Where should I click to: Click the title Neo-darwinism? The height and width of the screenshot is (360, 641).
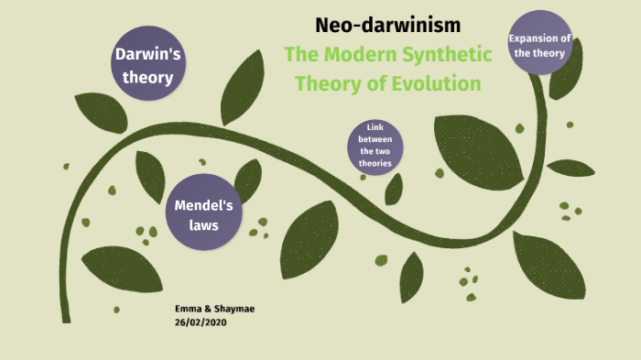[x=387, y=25]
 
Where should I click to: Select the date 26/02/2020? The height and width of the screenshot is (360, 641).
[x=200, y=322]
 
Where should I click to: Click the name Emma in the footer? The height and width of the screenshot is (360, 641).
[x=188, y=310]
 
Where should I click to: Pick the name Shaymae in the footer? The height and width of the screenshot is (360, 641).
[x=235, y=310]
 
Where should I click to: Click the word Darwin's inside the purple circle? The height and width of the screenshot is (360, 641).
[x=147, y=55]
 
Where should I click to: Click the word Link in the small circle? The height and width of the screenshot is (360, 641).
[x=375, y=126]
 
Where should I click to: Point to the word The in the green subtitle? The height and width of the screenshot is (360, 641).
[x=300, y=54]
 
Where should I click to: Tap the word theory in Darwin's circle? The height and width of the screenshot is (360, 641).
[x=147, y=77]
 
